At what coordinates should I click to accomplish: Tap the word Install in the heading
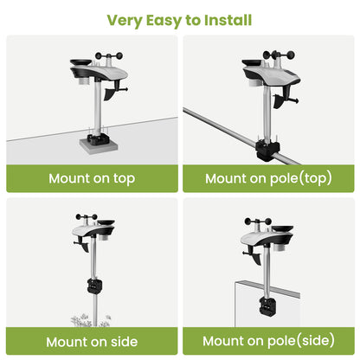pyautogui.click(x=228, y=20)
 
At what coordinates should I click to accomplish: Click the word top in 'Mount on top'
pyautogui.click(x=124, y=179)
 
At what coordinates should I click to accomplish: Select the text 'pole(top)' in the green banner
pyautogui.click(x=300, y=178)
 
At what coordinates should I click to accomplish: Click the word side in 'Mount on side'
pyautogui.click(x=124, y=342)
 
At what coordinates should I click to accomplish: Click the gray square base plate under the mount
pyautogui.click(x=99, y=146)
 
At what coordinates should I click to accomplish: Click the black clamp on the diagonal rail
pyautogui.click(x=267, y=150)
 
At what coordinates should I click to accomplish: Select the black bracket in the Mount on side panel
pyautogui.click(x=95, y=286)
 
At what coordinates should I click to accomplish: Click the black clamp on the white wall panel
pyautogui.click(x=269, y=306)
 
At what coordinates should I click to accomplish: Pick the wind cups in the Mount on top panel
pyautogui.click(x=109, y=55)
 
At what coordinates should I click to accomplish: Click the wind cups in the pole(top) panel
pyautogui.click(x=279, y=55)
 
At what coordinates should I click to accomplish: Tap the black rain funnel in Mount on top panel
pyautogui.click(x=80, y=62)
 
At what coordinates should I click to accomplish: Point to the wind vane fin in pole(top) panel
pyautogui.click(x=280, y=101)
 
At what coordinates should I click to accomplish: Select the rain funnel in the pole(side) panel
pyautogui.click(x=282, y=228)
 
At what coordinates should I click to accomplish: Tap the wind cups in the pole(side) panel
pyautogui.click(x=258, y=222)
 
